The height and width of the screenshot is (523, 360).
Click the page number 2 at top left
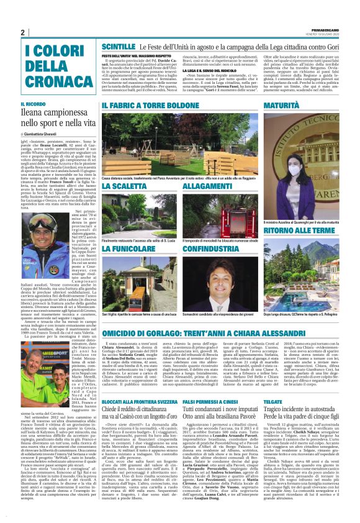point(23,33)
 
